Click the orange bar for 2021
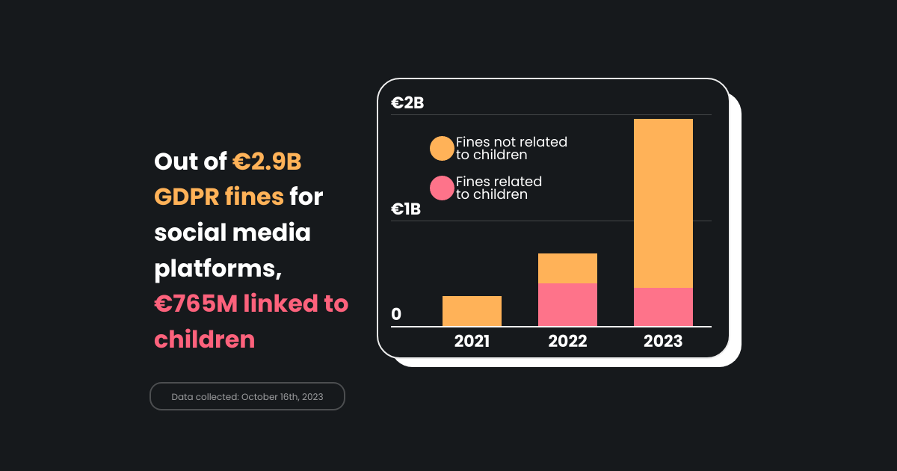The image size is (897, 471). coord(472,311)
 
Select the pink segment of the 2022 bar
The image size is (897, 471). coord(567,304)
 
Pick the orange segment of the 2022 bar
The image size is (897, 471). coord(567,268)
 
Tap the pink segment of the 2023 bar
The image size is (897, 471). coord(663,307)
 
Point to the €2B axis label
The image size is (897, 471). coord(407,103)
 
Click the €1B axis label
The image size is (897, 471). coord(406,209)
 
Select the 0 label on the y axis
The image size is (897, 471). coord(396,315)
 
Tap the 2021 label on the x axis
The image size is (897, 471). coord(472,342)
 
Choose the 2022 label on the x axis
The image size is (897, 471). coord(567,342)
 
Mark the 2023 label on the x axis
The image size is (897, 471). coord(663,342)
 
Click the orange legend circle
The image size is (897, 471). coord(442,148)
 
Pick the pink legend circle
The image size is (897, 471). coord(442,188)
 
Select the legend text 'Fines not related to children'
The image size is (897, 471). coord(511,148)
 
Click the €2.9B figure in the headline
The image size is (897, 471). coord(267,161)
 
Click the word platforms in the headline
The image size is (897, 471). coord(218,268)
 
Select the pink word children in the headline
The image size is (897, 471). coord(204,339)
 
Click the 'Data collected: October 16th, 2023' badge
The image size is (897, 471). coord(247,396)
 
